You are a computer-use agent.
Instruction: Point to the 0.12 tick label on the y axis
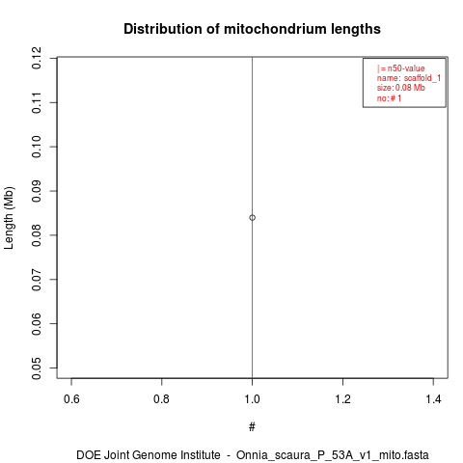[x=37, y=58]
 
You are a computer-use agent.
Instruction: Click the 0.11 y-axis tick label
[x=37, y=102]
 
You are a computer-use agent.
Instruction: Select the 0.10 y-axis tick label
[x=37, y=147]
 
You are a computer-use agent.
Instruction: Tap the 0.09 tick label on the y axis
[x=37, y=191]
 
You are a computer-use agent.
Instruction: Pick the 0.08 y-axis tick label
[x=37, y=235]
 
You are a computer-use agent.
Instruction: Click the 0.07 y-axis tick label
[x=37, y=280]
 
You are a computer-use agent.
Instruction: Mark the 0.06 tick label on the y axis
[x=37, y=323]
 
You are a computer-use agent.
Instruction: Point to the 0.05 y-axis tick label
[x=37, y=368]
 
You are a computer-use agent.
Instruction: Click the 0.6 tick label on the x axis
[x=71, y=399]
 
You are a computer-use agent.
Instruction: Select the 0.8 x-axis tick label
[x=161, y=399]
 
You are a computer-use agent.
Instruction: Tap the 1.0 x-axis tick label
[x=252, y=399]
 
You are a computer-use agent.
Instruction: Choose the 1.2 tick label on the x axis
[x=342, y=399]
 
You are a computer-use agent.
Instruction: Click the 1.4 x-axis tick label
[x=433, y=399]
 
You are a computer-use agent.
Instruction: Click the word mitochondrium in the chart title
[x=270, y=29]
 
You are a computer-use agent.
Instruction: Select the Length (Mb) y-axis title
[x=9, y=218]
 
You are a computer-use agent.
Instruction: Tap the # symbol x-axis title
[x=252, y=427]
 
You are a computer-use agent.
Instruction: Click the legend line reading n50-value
[x=401, y=68]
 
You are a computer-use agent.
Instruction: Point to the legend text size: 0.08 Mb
[x=401, y=88]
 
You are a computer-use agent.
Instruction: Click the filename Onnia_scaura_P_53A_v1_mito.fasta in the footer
[x=333, y=455]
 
